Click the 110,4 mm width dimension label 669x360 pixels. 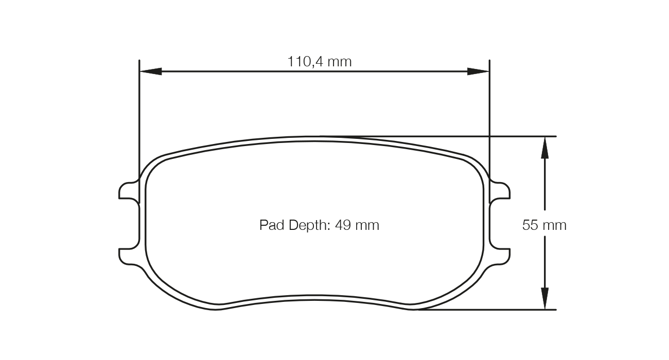(320, 62)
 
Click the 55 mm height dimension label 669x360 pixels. (544, 225)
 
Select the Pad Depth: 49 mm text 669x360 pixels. (319, 225)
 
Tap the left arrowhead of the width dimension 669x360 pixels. (151, 71)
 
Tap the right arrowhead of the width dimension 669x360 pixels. (478, 71)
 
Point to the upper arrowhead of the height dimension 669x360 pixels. (545, 148)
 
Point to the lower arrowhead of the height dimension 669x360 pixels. (545, 298)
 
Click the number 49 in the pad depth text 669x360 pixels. (343, 225)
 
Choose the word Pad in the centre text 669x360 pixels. (272, 225)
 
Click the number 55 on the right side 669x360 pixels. (530, 225)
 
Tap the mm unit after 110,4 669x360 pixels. (340, 62)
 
